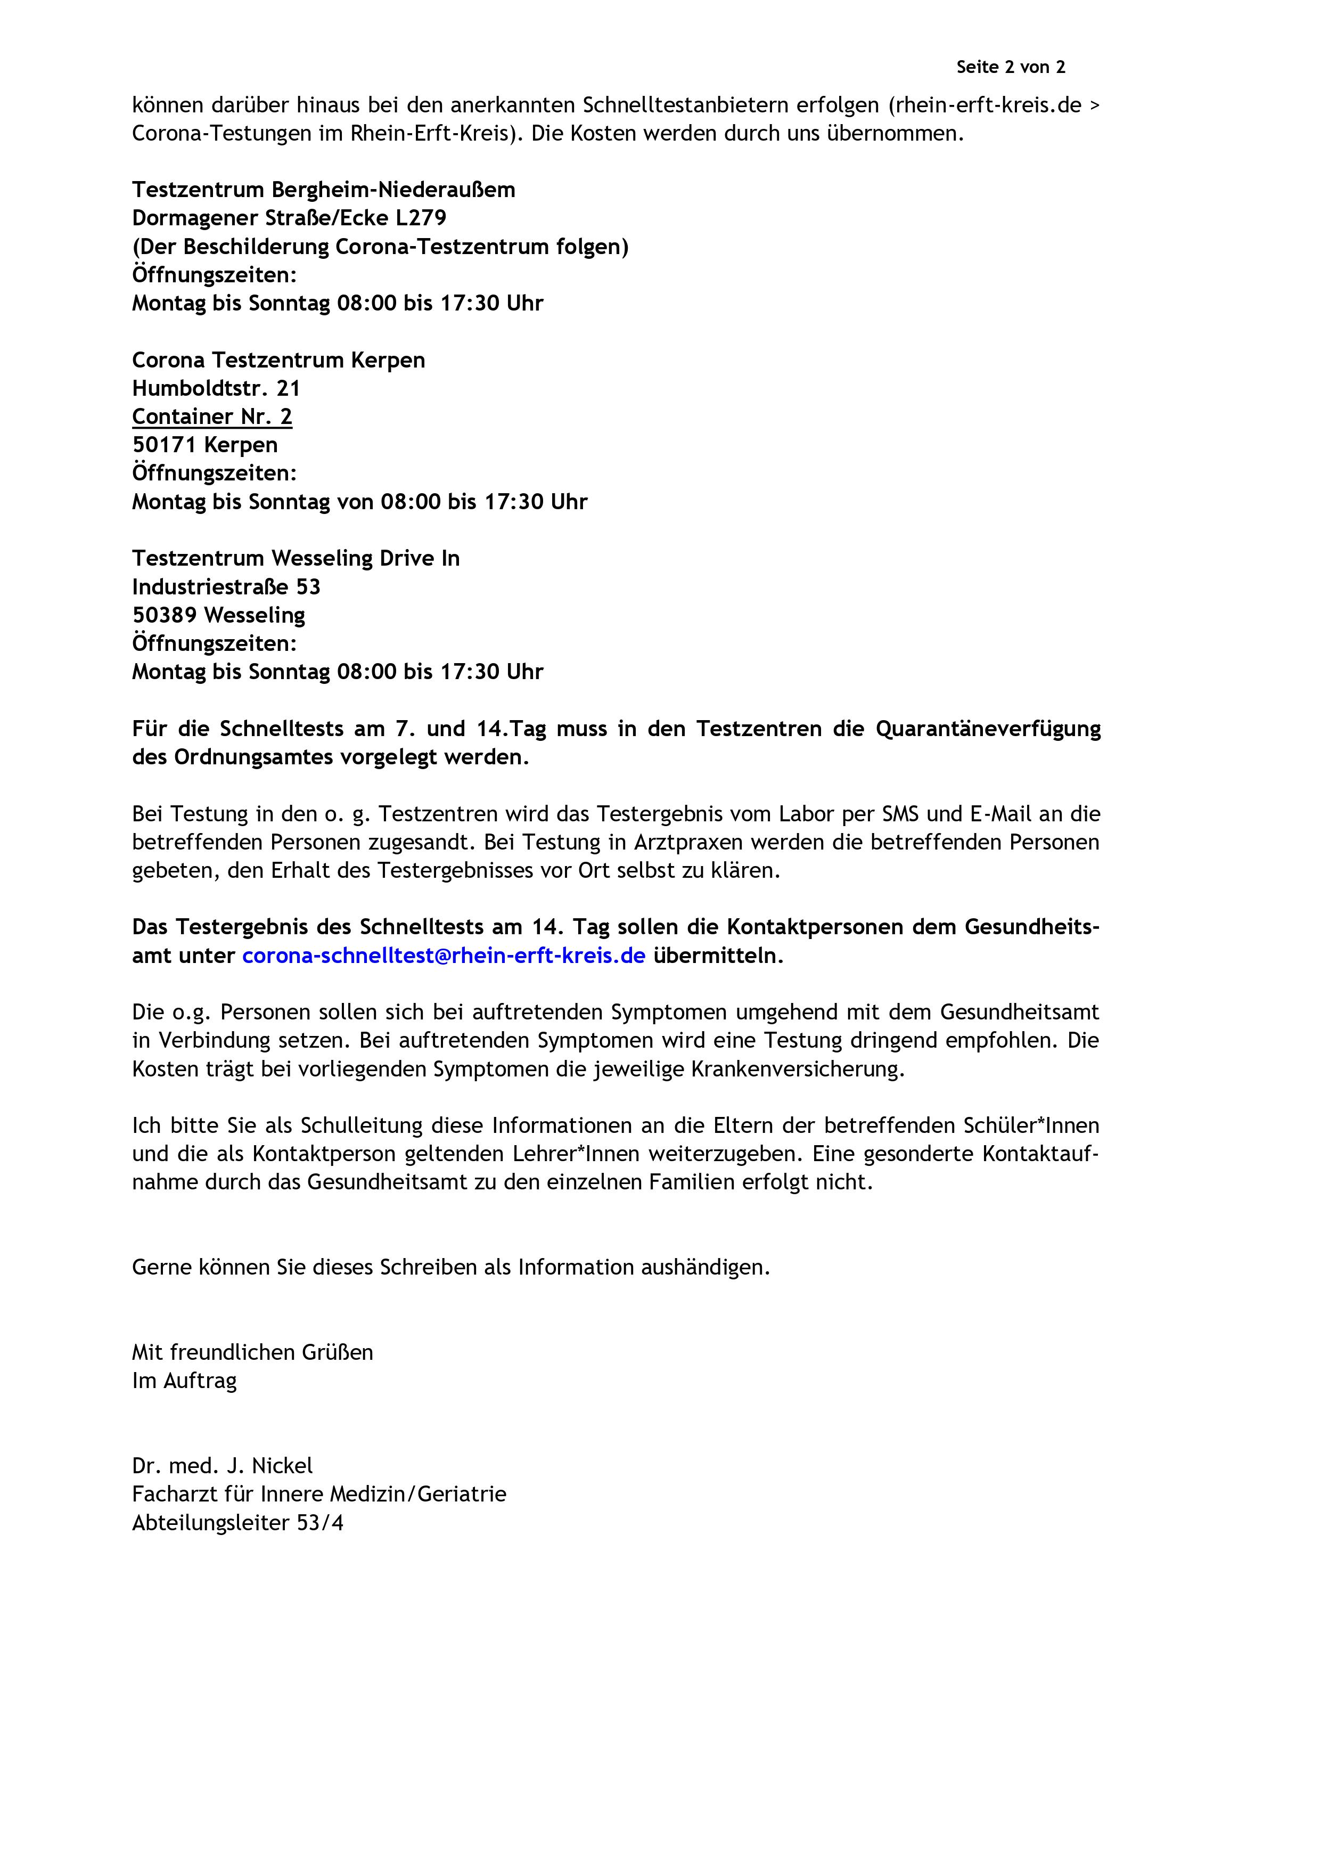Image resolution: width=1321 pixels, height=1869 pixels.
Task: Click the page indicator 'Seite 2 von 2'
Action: pyautogui.click(x=1010, y=68)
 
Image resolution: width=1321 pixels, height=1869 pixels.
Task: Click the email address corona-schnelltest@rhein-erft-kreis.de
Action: pyautogui.click(x=444, y=956)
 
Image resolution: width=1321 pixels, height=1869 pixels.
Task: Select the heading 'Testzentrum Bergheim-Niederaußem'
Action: pyautogui.click(x=323, y=190)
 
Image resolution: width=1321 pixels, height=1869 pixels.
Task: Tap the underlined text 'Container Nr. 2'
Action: pyautogui.click(x=211, y=417)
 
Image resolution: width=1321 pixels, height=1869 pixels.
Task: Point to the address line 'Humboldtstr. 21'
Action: pyautogui.click(x=216, y=388)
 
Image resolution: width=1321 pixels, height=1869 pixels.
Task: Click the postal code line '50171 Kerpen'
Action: pyautogui.click(x=204, y=444)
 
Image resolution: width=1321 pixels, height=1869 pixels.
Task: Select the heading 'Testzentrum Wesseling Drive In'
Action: pyautogui.click(x=296, y=558)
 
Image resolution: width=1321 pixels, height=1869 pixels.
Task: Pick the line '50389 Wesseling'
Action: pyautogui.click(x=218, y=615)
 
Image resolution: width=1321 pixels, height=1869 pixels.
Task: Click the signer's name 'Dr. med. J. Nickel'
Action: pyautogui.click(x=222, y=1466)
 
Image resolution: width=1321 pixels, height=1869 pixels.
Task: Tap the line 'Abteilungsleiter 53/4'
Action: pyautogui.click(x=237, y=1523)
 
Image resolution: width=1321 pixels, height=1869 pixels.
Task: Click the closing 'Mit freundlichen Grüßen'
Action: pyautogui.click(x=252, y=1353)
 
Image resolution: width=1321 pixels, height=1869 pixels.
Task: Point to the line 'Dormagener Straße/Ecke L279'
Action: pyautogui.click(x=289, y=218)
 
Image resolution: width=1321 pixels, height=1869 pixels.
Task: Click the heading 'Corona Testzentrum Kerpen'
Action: pyautogui.click(x=278, y=360)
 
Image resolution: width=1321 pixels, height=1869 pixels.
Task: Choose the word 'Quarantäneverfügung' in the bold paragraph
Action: pyautogui.click(x=987, y=729)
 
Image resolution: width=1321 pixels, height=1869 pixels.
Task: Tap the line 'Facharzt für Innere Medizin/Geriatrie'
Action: pyautogui.click(x=319, y=1495)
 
